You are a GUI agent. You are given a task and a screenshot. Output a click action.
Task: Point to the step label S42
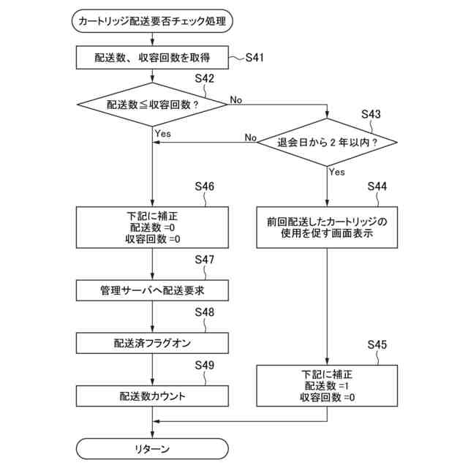(x=205, y=78)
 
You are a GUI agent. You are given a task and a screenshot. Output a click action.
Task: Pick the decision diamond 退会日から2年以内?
(x=328, y=142)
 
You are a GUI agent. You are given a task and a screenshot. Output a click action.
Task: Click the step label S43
(x=371, y=115)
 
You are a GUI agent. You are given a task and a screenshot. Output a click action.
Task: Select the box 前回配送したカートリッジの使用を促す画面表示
(x=328, y=228)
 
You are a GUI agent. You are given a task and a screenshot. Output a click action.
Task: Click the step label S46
(x=205, y=186)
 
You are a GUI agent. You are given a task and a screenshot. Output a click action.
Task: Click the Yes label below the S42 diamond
(x=162, y=134)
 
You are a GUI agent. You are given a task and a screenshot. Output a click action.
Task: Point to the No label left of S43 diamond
(x=250, y=137)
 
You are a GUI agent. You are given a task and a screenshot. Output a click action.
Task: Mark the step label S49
(x=205, y=365)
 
